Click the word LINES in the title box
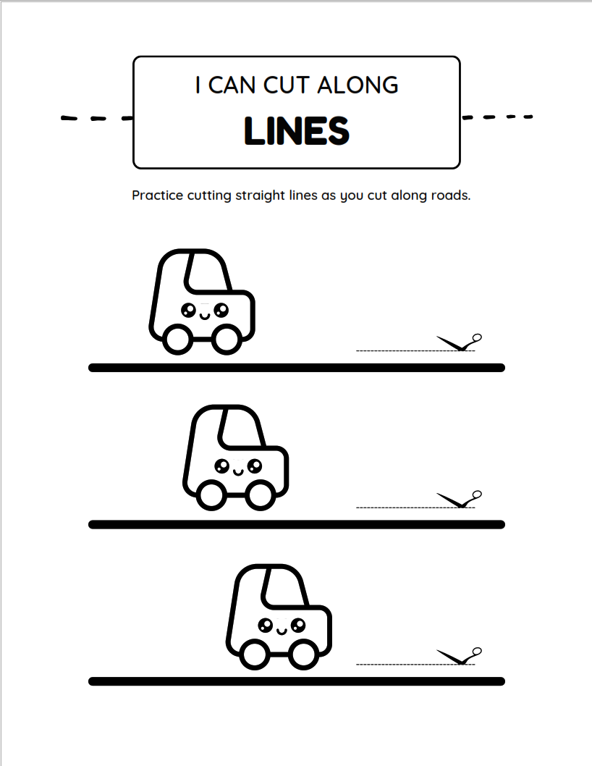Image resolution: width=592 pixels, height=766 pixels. tap(297, 131)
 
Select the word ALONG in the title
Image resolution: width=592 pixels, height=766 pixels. tap(358, 85)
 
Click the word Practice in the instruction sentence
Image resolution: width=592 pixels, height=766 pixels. tap(157, 195)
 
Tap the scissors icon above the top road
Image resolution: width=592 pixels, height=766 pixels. tap(459, 342)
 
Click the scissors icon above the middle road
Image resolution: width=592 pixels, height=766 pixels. tap(459, 500)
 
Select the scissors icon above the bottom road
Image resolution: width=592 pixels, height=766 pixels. tap(459, 656)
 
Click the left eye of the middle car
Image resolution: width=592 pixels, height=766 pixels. tap(221, 466)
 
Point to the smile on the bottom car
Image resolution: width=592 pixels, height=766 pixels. tap(282, 631)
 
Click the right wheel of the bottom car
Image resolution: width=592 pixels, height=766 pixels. tap(303, 655)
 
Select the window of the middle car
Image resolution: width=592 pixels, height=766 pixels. tap(242, 429)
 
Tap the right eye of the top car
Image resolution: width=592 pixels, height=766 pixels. tap(221, 310)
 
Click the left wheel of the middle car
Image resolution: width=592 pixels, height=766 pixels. tap(211, 495)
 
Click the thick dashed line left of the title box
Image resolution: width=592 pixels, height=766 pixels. tap(97, 118)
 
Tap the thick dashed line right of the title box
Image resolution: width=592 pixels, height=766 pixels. tap(497, 117)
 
